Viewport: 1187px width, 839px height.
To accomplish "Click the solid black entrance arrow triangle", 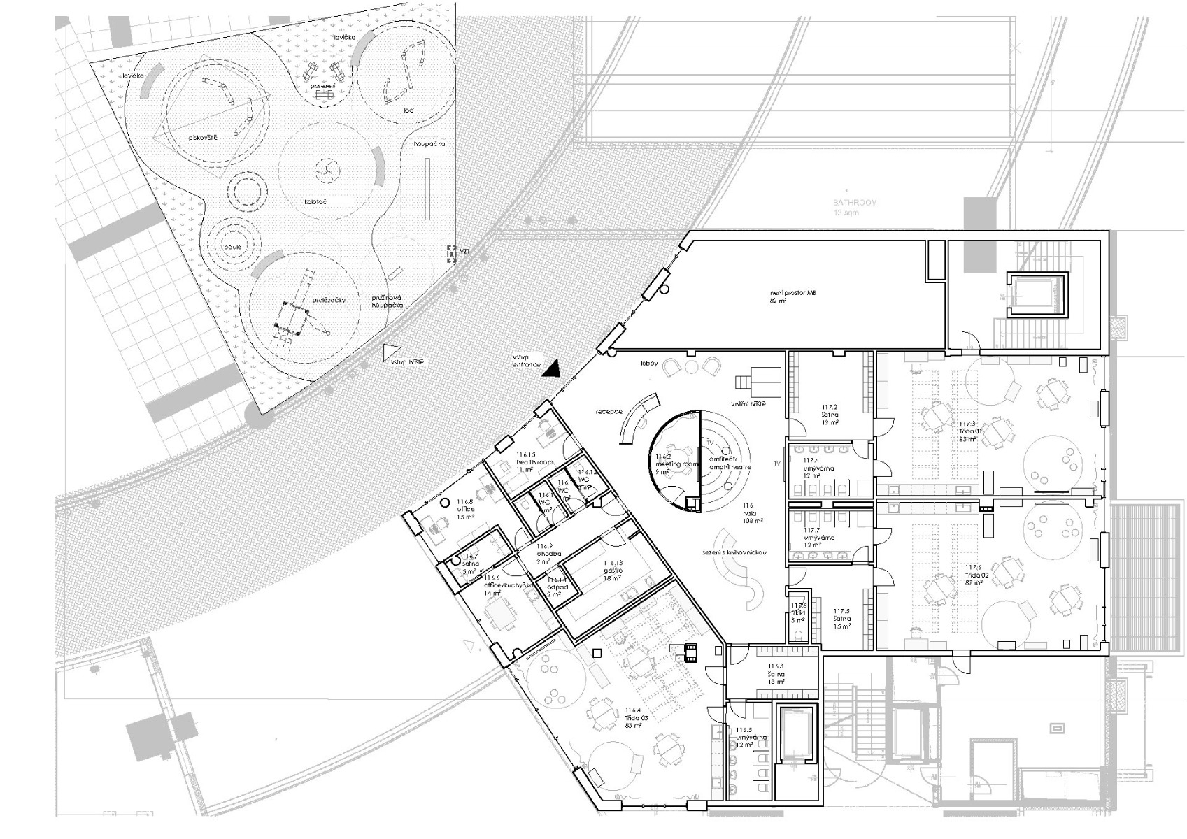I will point(553,369).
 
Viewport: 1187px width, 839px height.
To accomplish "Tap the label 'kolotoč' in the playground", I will point(315,202).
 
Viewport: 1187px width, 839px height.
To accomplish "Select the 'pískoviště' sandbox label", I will point(203,138).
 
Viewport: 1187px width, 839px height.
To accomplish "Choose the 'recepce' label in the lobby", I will point(609,412).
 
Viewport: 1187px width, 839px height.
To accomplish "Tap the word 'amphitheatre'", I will point(730,466).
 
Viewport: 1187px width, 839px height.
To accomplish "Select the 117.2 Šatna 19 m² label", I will point(830,415).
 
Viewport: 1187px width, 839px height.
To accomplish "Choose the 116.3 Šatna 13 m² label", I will point(776,674).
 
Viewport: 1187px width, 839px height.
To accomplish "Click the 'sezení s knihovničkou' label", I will point(736,552).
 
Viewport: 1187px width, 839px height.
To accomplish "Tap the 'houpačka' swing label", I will point(429,144).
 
